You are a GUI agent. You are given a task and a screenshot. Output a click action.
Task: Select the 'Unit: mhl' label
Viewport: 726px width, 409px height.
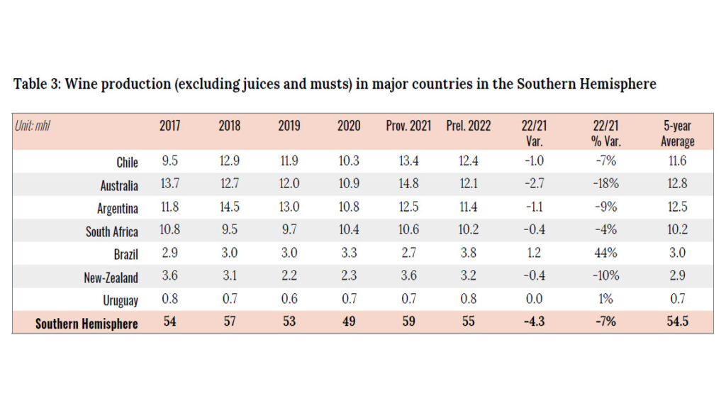(32, 126)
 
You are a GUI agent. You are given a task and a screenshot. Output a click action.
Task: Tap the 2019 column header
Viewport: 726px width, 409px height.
(289, 126)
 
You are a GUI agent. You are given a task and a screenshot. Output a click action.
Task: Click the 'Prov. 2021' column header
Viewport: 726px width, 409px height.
(408, 126)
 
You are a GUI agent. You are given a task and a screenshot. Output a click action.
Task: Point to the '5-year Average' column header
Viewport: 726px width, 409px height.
(678, 133)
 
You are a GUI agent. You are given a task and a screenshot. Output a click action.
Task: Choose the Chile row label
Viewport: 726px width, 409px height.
(127, 163)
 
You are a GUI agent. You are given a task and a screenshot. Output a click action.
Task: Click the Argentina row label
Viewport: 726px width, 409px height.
(117, 209)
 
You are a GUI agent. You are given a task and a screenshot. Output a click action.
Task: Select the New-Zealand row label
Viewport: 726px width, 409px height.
(111, 278)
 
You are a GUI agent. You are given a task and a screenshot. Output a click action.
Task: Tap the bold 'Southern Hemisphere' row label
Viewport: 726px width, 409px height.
(86, 324)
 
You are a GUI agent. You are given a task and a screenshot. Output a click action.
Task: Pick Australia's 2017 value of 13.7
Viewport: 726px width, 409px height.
(170, 185)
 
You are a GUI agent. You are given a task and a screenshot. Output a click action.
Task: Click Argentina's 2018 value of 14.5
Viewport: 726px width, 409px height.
(230, 209)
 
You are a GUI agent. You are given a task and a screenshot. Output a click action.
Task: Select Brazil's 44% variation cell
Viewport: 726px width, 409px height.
(606, 254)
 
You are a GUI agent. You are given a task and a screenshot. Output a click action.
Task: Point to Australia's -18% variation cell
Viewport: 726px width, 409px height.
(606, 185)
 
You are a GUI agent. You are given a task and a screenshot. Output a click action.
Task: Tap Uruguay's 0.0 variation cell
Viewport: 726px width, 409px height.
(535, 300)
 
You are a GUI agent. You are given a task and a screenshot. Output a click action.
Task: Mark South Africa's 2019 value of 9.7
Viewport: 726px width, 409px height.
(289, 231)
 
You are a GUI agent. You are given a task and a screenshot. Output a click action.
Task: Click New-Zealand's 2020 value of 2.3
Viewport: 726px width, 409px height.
(349, 278)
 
